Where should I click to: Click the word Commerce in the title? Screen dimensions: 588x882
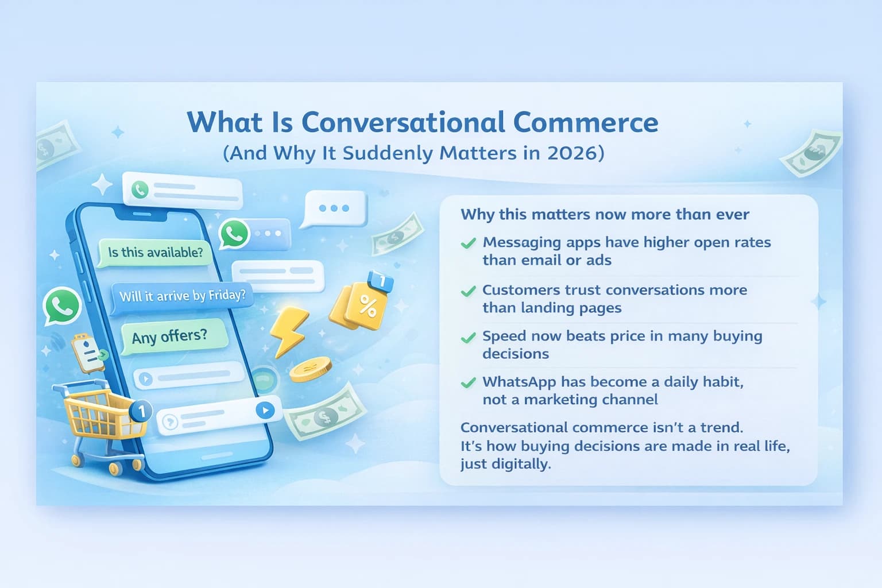(x=585, y=122)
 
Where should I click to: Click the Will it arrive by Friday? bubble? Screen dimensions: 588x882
(x=182, y=296)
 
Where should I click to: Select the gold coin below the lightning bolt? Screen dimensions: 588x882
(x=310, y=369)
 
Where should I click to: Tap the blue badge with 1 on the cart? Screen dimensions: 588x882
(x=141, y=411)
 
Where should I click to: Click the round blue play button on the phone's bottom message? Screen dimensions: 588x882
(x=265, y=410)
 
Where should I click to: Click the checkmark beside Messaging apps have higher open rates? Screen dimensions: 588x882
(x=469, y=243)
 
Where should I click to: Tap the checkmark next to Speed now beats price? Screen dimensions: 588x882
(x=469, y=337)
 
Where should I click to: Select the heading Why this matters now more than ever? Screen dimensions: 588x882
(x=605, y=215)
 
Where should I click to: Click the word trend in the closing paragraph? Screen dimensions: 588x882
(x=721, y=427)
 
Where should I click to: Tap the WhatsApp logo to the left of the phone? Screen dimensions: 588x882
(x=61, y=306)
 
